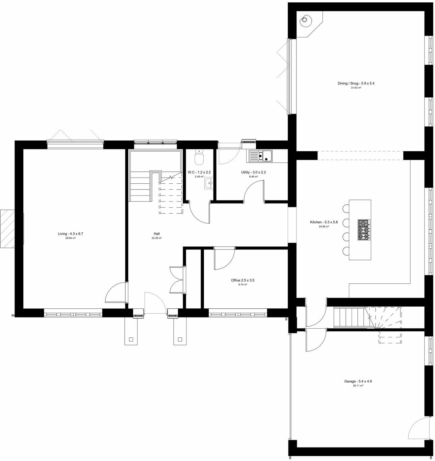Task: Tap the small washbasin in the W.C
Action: tap(208, 184)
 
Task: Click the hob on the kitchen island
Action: tap(364, 230)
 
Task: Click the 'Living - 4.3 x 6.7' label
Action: tap(70, 234)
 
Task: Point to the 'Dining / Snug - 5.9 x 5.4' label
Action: tap(356, 83)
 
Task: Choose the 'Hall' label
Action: tap(157, 234)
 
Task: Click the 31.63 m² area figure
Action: tap(356, 88)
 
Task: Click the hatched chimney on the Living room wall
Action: tap(7, 228)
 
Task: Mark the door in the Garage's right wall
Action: tap(416, 428)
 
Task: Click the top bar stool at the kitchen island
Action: tap(346, 208)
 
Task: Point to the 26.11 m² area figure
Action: tap(358, 386)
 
